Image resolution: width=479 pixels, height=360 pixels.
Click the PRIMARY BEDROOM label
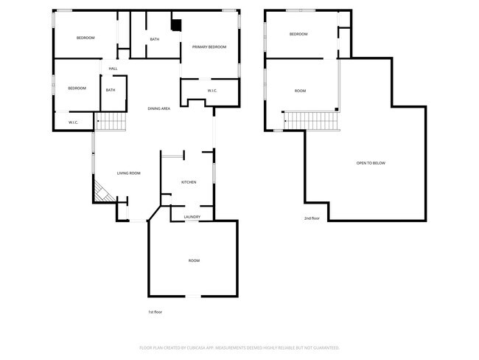[x=209, y=46]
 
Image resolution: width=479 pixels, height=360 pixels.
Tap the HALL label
[x=113, y=69]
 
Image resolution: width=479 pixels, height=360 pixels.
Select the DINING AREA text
[x=159, y=108]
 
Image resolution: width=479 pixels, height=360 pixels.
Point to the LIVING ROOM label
[x=128, y=173]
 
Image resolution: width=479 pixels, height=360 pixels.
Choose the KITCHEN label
[x=189, y=181]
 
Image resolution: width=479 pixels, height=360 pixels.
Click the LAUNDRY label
[x=192, y=217]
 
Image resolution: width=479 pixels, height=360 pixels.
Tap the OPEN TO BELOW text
[x=371, y=163]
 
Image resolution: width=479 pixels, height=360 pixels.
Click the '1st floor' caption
[x=155, y=312]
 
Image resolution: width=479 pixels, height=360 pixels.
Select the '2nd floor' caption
[x=312, y=218]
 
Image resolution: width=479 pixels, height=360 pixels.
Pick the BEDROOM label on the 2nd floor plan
[x=298, y=34]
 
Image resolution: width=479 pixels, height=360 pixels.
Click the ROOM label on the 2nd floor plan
[x=300, y=91]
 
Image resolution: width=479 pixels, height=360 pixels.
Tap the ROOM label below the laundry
[x=194, y=260]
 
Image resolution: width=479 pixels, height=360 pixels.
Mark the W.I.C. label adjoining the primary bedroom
[x=211, y=91]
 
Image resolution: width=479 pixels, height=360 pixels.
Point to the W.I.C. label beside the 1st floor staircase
[x=74, y=122]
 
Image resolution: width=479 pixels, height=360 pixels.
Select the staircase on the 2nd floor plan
[x=310, y=119]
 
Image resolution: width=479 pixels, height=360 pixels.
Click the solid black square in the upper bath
[x=175, y=24]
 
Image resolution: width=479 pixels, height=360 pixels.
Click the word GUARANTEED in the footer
[x=323, y=347]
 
